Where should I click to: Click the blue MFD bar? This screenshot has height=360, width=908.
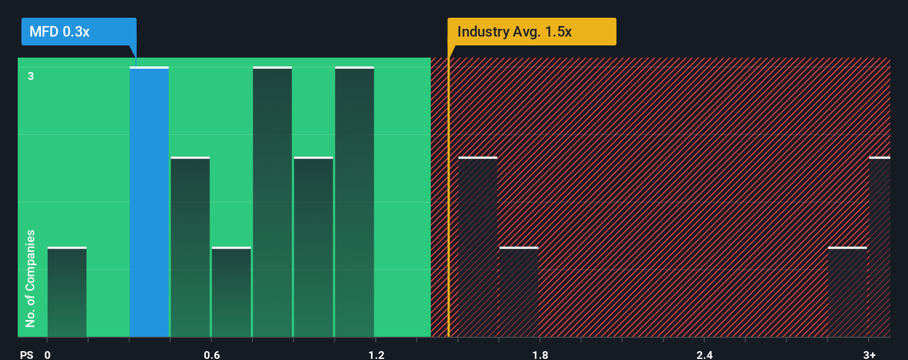149,202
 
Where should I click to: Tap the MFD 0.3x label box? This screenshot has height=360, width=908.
79,32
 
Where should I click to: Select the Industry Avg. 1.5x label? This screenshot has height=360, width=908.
532,32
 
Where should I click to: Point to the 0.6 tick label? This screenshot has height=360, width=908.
211,354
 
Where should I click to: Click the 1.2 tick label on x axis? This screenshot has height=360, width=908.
376,354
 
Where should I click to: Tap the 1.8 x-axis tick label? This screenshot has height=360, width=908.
540,354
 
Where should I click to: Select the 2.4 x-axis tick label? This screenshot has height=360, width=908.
704,354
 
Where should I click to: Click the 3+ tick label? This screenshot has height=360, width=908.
869,354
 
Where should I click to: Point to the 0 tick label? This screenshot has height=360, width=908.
48,354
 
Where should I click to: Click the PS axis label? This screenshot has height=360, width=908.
27,354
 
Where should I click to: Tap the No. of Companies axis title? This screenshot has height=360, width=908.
30,278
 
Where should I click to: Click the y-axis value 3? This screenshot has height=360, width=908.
31,76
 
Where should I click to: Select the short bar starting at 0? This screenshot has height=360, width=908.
67,292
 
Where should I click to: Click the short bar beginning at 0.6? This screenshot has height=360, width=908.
231,292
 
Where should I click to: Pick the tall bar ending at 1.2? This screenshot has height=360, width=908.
354,202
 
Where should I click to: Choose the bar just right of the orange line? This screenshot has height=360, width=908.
478,247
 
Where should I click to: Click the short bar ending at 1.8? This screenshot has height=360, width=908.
519,292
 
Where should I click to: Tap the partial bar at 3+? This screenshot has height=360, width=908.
879,247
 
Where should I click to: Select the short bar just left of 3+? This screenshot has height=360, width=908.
847,292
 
